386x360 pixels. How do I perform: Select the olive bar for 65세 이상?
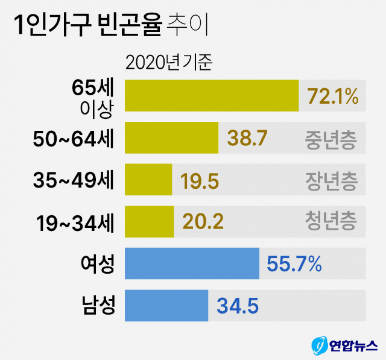(x=211, y=95)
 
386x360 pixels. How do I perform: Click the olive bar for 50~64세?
(x=171, y=138)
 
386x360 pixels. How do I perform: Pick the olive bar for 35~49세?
(x=148, y=179)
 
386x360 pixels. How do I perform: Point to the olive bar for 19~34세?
(x=149, y=221)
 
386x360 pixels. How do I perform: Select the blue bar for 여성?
(x=192, y=264)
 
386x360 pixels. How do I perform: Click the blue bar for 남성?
(x=166, y=305)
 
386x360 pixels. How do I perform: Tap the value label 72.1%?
(x=333, y=95)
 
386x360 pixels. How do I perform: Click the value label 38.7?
(x=247, y=138)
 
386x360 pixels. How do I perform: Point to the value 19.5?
(x=200, y=180)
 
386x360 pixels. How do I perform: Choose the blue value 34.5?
(x=238, y=306)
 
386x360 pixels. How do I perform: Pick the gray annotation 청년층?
(x=331, y=222)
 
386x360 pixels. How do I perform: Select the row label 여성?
(x=96, y=264)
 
